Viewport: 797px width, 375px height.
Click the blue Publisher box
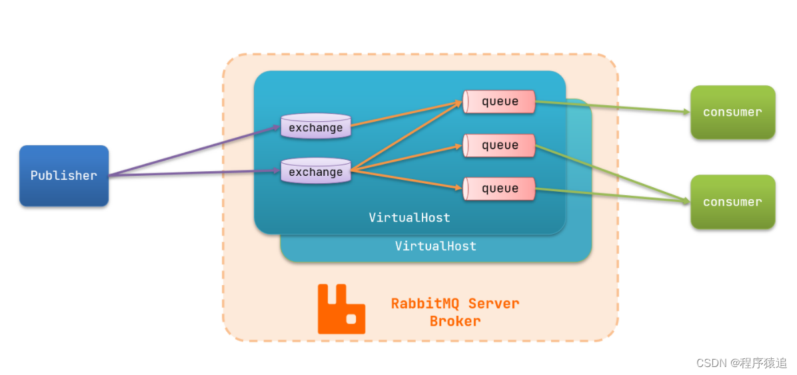click(x=64, y=176)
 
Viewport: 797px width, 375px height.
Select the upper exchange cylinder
click(x=316, y=127)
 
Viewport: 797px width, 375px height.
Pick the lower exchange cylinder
click(x=316, y=171)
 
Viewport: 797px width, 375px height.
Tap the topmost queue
click(x=500, y=102)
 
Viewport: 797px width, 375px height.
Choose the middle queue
click(x=500, y=145)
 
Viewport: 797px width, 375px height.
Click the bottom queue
click(x=500, y=188)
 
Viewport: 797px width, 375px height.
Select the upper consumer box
click(x=732, y=113)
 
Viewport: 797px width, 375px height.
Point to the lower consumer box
click(x=732, y=202)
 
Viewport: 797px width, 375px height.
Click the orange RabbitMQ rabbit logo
click(x=341, y=309)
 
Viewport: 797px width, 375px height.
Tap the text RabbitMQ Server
click(x=455, y=304)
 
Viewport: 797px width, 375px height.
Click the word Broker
click(x=455, y=321)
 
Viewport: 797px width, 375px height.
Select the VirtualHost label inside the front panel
click(x=409, y=218)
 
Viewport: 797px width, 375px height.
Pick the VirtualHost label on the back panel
click(x=436, y=246)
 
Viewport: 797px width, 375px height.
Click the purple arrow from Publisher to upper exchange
click(x=193, y=151)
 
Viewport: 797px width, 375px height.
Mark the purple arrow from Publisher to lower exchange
click(x=193, y=173)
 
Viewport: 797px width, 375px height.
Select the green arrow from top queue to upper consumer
click(x=613, y=107)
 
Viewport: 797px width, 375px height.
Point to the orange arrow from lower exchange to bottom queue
click(x=406, y=180)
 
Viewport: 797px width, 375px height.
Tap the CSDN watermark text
click(x=741, y=363)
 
